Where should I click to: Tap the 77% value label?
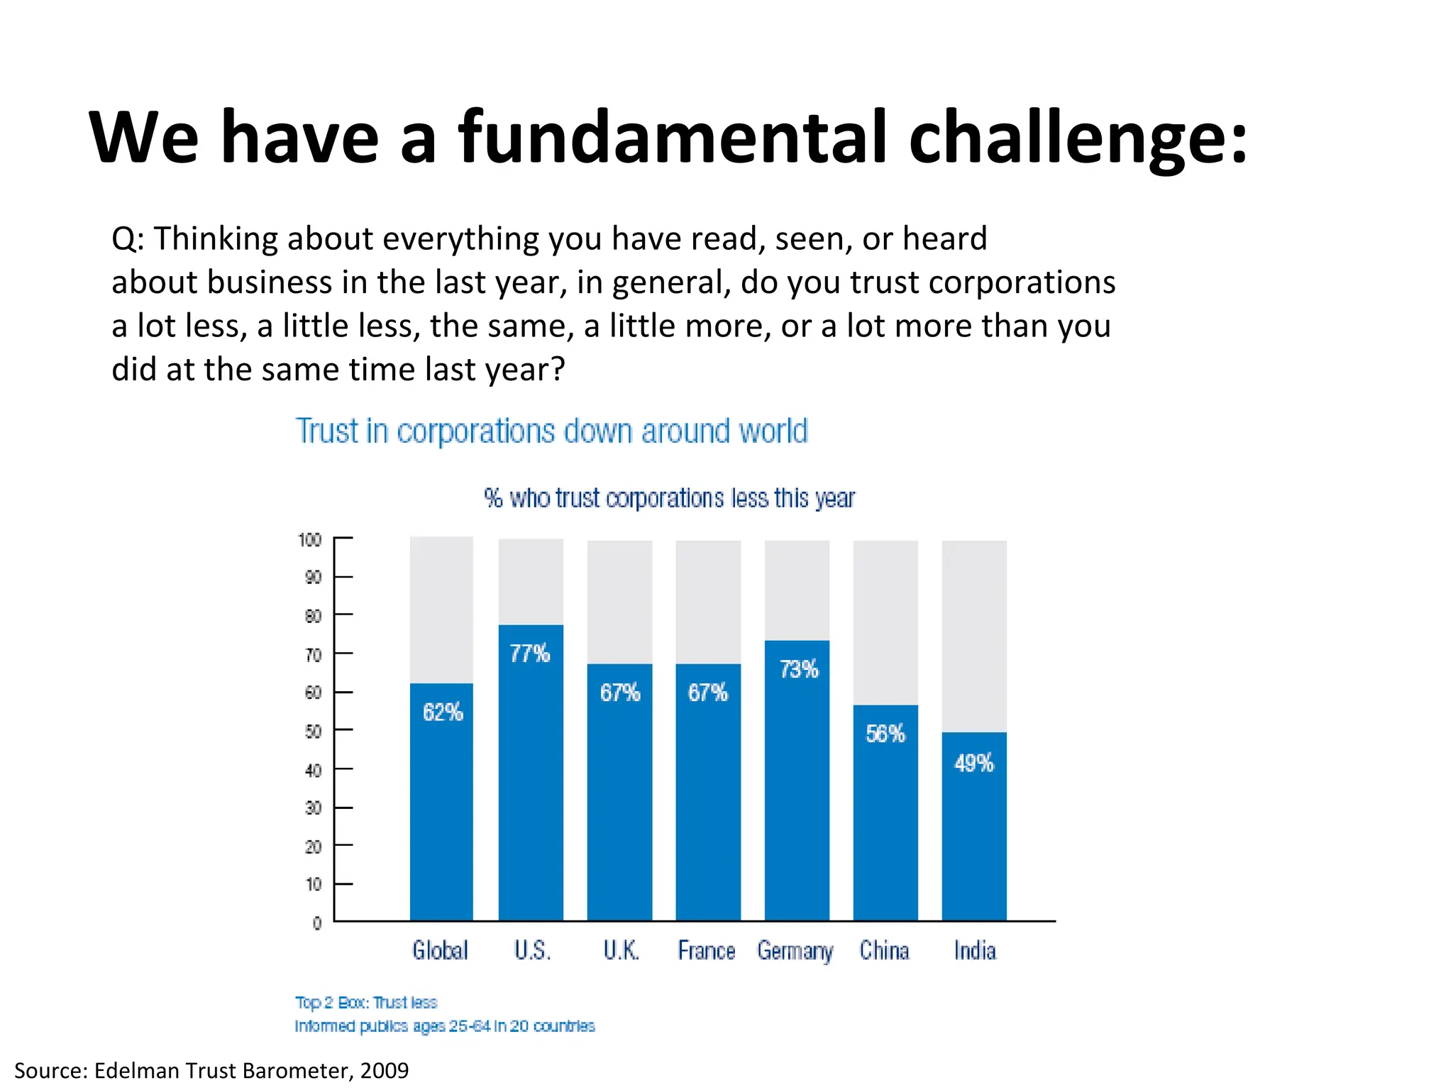530,654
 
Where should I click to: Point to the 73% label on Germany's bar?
799,669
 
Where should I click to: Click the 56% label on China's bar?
885,734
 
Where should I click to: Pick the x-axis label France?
707,951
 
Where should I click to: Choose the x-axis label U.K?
621,951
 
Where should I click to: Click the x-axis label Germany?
795,951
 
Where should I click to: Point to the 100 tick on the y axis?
310,540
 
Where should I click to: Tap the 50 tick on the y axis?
313,732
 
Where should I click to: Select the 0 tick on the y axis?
317,923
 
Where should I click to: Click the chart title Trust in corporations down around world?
551,431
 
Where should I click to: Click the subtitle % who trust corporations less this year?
669,498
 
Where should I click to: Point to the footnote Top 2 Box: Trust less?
366,1003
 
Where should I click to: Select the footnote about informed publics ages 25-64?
445,1026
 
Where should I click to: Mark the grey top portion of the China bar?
885,622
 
